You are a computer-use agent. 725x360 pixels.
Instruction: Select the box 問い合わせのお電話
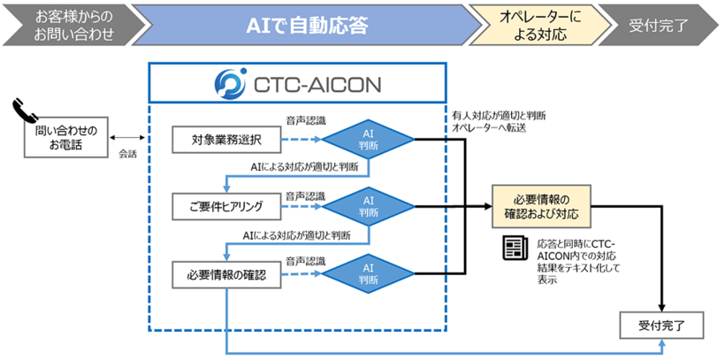[x=59, y=137]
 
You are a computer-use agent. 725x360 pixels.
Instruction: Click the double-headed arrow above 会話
[x=127, y=138]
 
